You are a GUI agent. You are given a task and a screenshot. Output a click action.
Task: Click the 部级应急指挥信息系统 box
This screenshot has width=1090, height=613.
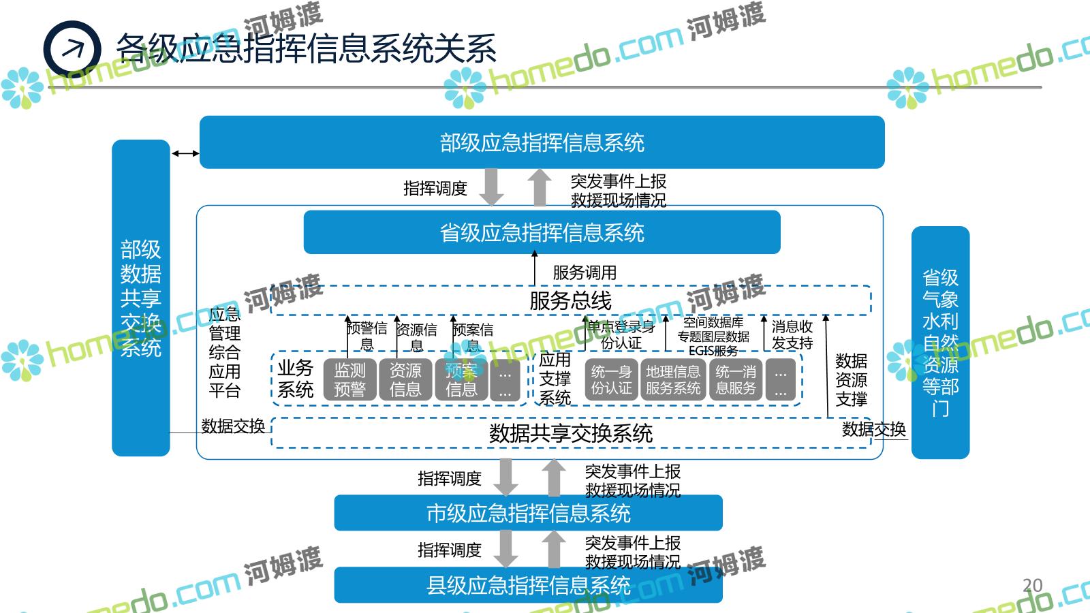click(542, 142)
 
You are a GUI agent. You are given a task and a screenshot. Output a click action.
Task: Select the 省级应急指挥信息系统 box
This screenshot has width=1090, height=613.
click(542, 232)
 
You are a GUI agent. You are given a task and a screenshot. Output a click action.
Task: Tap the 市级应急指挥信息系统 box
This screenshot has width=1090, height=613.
click(528, 513)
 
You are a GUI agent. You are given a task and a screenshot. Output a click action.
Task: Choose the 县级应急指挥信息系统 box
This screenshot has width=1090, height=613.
click(528, 585)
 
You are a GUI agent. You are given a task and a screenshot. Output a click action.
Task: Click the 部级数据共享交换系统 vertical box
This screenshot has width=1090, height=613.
click(140, 298)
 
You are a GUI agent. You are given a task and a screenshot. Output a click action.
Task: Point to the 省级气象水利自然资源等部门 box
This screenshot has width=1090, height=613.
click(940, 343)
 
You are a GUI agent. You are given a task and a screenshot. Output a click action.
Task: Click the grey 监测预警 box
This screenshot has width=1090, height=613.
click(349, 379)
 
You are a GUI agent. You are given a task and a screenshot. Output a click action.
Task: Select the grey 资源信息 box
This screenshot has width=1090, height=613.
click(405, 379)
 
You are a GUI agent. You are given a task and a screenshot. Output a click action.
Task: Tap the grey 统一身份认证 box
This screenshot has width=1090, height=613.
click(611, 379)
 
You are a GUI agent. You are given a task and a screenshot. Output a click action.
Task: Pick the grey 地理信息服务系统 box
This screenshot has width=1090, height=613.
click(673, 379)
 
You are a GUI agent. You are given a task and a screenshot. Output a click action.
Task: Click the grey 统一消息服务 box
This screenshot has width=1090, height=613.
click(736, 379)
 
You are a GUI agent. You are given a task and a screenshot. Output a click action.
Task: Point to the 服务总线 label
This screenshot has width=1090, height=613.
click(570, 300)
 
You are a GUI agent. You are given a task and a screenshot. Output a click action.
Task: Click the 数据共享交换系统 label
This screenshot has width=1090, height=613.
click(571, 433)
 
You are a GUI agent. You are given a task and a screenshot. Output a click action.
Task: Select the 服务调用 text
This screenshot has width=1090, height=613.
click(585, 272)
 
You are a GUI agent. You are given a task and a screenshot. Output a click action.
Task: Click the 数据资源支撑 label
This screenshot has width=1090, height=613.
click(851, 380)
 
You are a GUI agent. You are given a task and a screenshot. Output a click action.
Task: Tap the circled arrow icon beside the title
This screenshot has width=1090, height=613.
click(72, 49)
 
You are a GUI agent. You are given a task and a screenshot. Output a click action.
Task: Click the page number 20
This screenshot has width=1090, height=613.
click(1032, 585)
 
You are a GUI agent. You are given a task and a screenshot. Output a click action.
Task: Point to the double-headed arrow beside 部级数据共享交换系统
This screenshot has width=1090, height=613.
click(185, 154)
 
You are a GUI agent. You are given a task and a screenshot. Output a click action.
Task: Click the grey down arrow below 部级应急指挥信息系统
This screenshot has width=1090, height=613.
click(490, 186)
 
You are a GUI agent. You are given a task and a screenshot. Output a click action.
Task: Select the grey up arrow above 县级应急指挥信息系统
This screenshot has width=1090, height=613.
click(554, 548)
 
